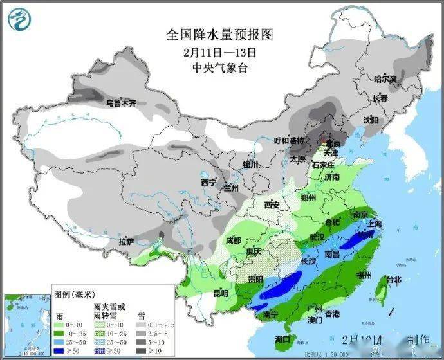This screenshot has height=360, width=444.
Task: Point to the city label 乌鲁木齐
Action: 122,102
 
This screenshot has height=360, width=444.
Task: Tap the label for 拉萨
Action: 126,242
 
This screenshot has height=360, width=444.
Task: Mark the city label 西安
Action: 273,205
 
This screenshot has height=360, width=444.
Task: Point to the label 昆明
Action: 221,293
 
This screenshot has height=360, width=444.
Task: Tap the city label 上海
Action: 375,223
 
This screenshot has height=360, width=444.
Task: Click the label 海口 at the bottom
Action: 282,339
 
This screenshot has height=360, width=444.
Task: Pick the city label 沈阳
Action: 371,120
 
